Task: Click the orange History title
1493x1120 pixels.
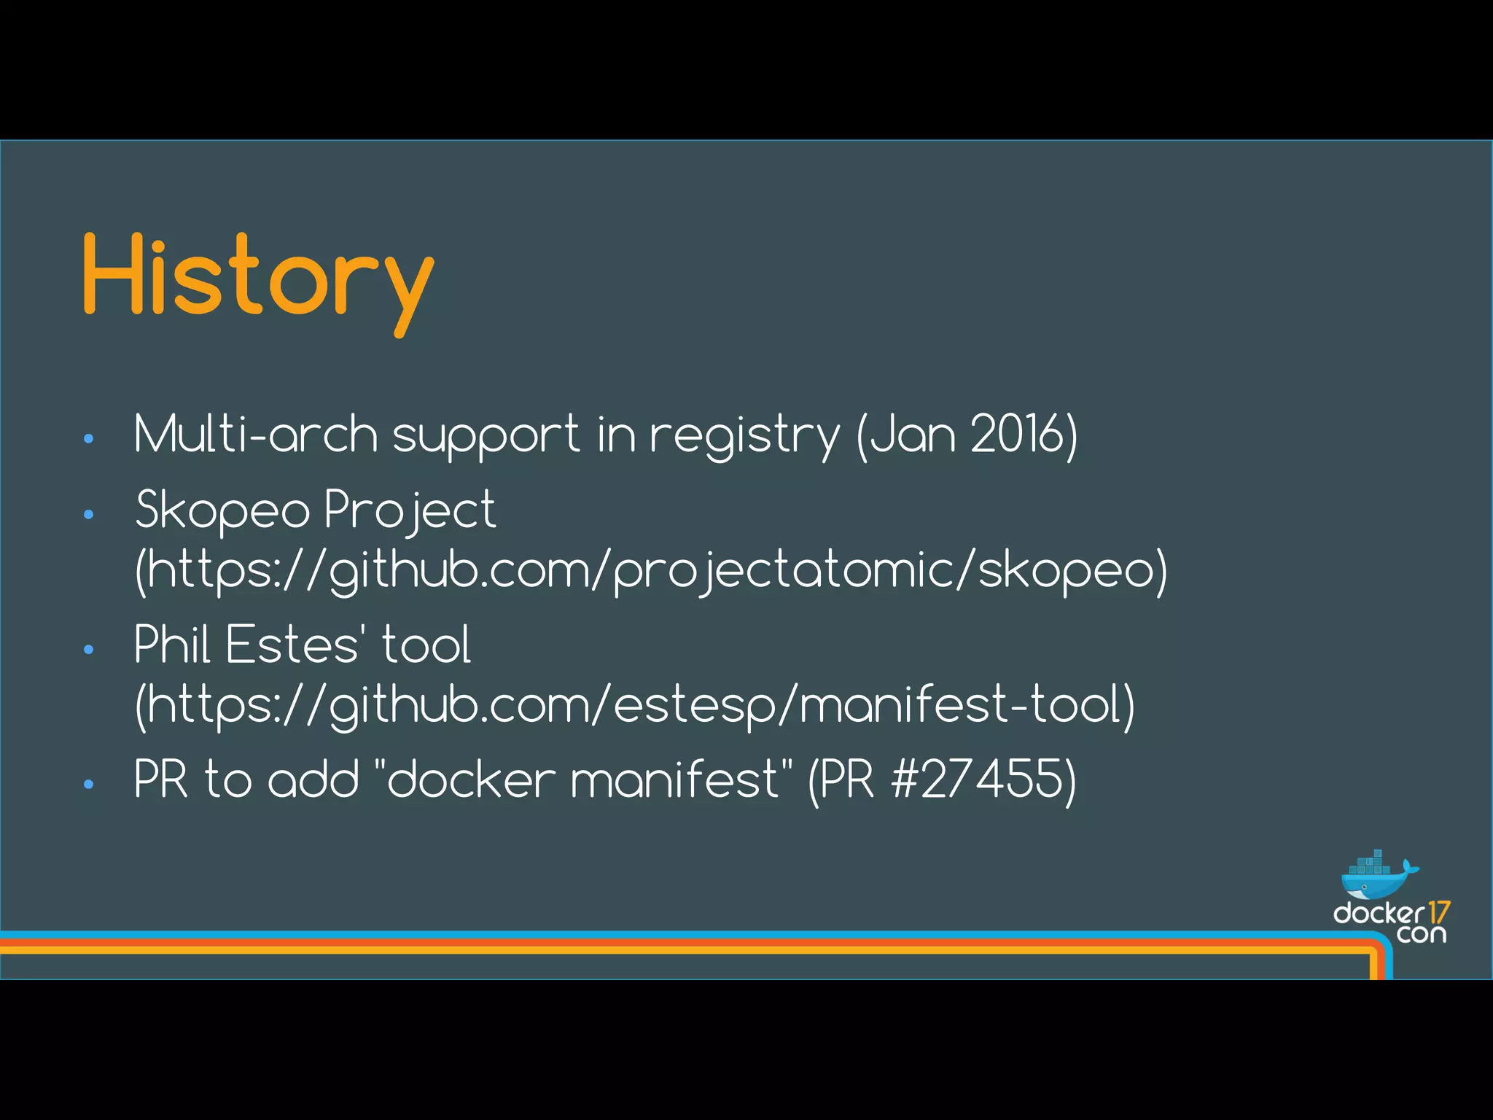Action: [258, 277]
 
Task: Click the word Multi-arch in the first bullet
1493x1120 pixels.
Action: [255, 435]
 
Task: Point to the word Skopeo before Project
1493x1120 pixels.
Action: [222, 510]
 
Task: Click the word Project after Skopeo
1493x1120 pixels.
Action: [410, 510]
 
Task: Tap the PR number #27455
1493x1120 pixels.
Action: [978, 779]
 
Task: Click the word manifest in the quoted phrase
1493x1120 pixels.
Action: [677, 779]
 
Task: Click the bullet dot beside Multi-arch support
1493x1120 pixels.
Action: [89, 439]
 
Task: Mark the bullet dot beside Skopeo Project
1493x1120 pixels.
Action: [89, 515]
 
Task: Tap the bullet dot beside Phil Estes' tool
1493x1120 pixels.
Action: [89, 649]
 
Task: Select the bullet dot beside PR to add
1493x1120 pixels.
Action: [89, 784]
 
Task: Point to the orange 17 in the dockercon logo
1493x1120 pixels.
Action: [1438, 912]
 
